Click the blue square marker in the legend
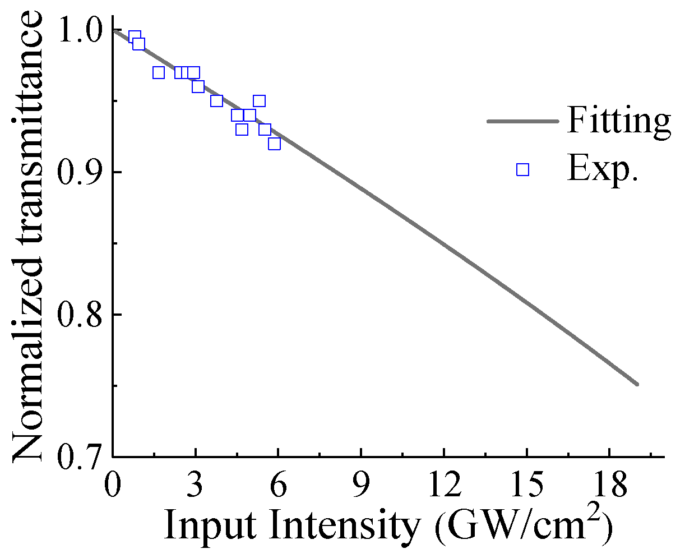(x=522, y=169)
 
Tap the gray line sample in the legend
(x=522, y=121)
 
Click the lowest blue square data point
(x=274, y=144)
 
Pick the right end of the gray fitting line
(x=638, y=384)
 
